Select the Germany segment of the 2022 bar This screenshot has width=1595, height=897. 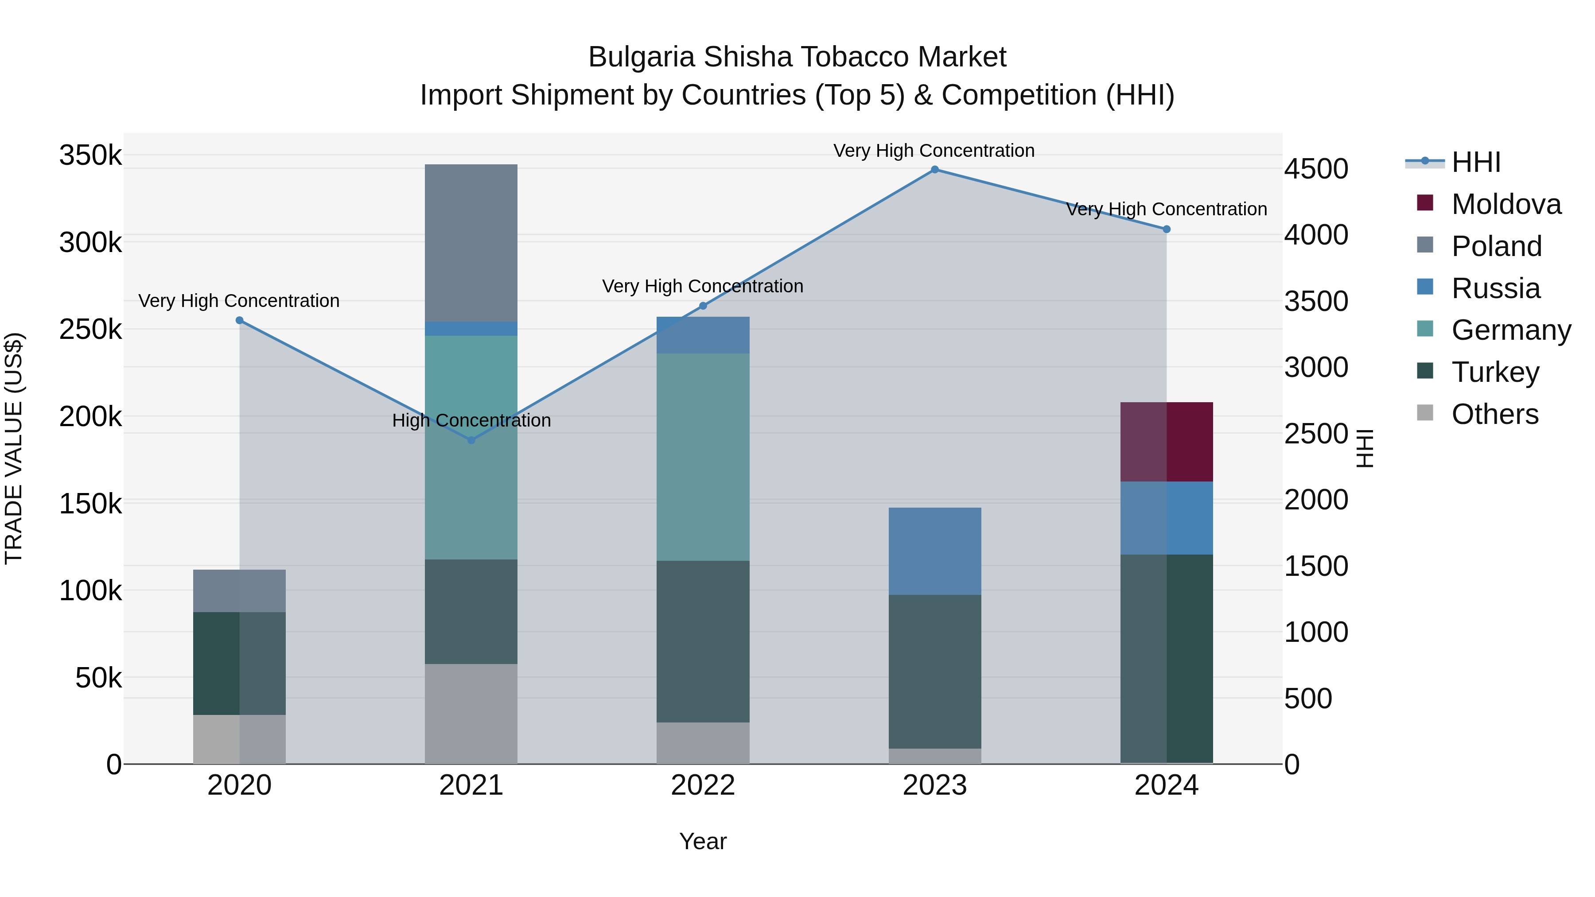pos(703,457)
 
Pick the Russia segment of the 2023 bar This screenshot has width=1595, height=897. pos(934,551)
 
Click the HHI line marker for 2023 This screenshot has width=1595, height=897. pos(934,170)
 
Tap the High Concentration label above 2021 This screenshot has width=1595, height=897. pos(471,420)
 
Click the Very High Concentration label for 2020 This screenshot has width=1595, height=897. pos(239,301)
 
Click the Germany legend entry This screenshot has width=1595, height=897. pos(1510,330)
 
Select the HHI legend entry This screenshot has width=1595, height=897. pos(1475,162)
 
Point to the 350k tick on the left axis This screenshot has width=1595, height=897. pos(90,155)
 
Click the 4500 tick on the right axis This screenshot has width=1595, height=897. pos(1316,169)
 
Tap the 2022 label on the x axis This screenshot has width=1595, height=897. pos(703,785)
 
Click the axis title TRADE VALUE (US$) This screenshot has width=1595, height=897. pos(14,448)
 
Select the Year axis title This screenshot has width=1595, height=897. pos(703,841)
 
